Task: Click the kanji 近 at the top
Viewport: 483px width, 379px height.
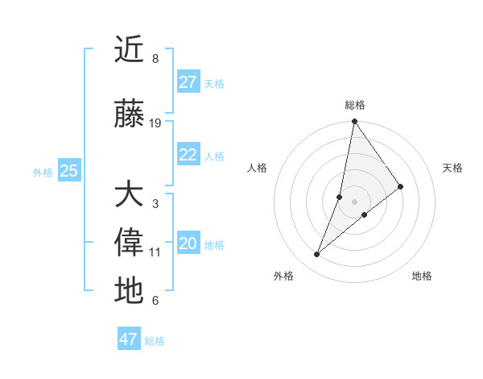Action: pyautogui.click(x=129, y=50)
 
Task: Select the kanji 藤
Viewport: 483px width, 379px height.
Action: pyautogui.click(x=129, y=115)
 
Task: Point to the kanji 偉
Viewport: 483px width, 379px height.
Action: pyautogui.click(x=129, y=243)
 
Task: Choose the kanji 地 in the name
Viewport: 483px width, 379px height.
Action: pyautogui.click(x=129, y=290)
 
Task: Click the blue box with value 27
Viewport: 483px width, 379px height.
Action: pyautogui.click(x=188, y=82)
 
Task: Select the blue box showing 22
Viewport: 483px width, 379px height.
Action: pyautogui.click(x=188, y=155)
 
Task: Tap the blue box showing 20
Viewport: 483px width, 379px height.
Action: pyautogui.click(x=188, y=244)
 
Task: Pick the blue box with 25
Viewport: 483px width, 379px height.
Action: pyautogui.click(x=69, y=171)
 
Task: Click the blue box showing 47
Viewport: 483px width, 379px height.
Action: pyautogui.click(x=129, y=339)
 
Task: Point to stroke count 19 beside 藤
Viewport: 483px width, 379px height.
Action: pyautogui.click(x=155, y=123)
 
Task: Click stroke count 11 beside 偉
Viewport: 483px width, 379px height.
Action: pyautogui.click(x=155, y=252)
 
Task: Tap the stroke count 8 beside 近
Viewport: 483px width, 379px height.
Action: pyautogui.click(x=155, y=59)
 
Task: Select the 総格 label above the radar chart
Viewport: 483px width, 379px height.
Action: pyautogui.click(x=355, y=105)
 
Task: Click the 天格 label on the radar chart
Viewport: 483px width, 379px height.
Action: pyautogui.click(x=452, y=168)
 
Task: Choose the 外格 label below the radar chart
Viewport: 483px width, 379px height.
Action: pyautogui.click(x=283, y=277)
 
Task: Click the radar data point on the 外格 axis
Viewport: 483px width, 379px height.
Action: pyautogui.click(x=317, y=255)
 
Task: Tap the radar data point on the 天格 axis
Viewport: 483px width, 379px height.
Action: pyautogui.click(x=401, y=186)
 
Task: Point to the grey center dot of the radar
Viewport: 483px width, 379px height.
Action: pyautogui.click(x=355, y=202)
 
